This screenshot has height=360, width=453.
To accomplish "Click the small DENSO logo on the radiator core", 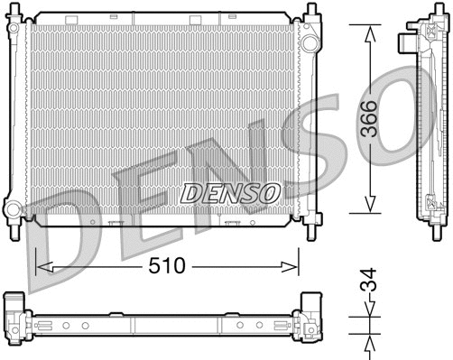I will click(x=229, y=191).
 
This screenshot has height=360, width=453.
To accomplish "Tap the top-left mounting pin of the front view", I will click(x=14, y=12).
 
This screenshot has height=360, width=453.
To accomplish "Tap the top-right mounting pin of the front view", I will click(x=311, y=11).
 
